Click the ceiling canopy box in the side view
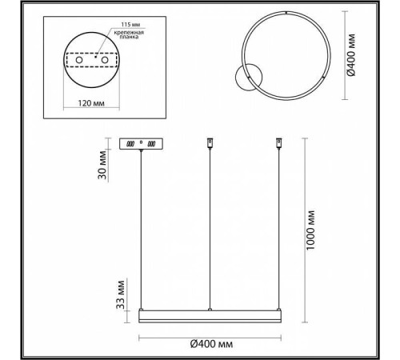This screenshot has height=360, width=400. tap(142, 144)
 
